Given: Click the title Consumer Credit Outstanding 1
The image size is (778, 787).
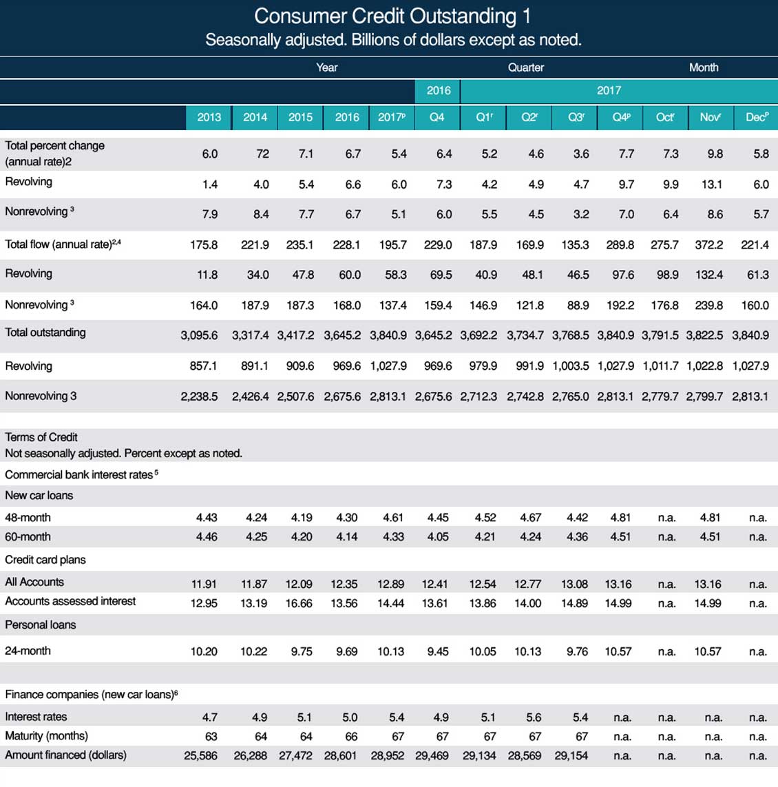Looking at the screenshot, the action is pos(392,16).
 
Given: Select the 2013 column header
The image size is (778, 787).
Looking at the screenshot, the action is pos(209,118).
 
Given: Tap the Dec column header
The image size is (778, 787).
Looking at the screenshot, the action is pos(757,118).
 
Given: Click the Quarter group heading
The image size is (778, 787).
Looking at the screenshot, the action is pos(525,67).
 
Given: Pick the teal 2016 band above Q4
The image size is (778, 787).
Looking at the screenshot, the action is pos(438,91).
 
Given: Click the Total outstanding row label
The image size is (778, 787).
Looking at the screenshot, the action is pos(45,333).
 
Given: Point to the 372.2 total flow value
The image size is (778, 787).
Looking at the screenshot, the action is pos(708,245).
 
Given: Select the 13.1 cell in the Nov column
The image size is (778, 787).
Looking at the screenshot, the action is pos(712,185).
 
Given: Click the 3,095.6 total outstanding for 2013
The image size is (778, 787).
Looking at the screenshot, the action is pos(199,335).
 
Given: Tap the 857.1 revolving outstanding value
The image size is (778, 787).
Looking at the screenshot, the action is pos(203,366).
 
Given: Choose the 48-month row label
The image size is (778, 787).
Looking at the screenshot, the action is pos(28,518).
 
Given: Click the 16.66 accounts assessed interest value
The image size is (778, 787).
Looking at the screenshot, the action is pos(299,603).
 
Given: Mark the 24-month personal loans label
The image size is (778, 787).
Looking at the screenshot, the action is pos(28,651).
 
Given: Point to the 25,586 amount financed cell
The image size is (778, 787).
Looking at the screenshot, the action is pos(201,755).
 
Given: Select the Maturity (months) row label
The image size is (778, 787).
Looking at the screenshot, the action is pos(46,736).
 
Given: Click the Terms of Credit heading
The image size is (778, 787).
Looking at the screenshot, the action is pos(41,437).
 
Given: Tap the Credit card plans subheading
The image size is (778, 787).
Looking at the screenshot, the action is pos(45,560).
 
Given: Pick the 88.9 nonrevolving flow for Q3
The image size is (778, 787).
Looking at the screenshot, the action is pos(578,305).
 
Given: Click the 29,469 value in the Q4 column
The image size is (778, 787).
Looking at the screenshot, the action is pos(432,755).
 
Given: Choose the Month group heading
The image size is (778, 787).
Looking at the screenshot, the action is pos(703,67).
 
